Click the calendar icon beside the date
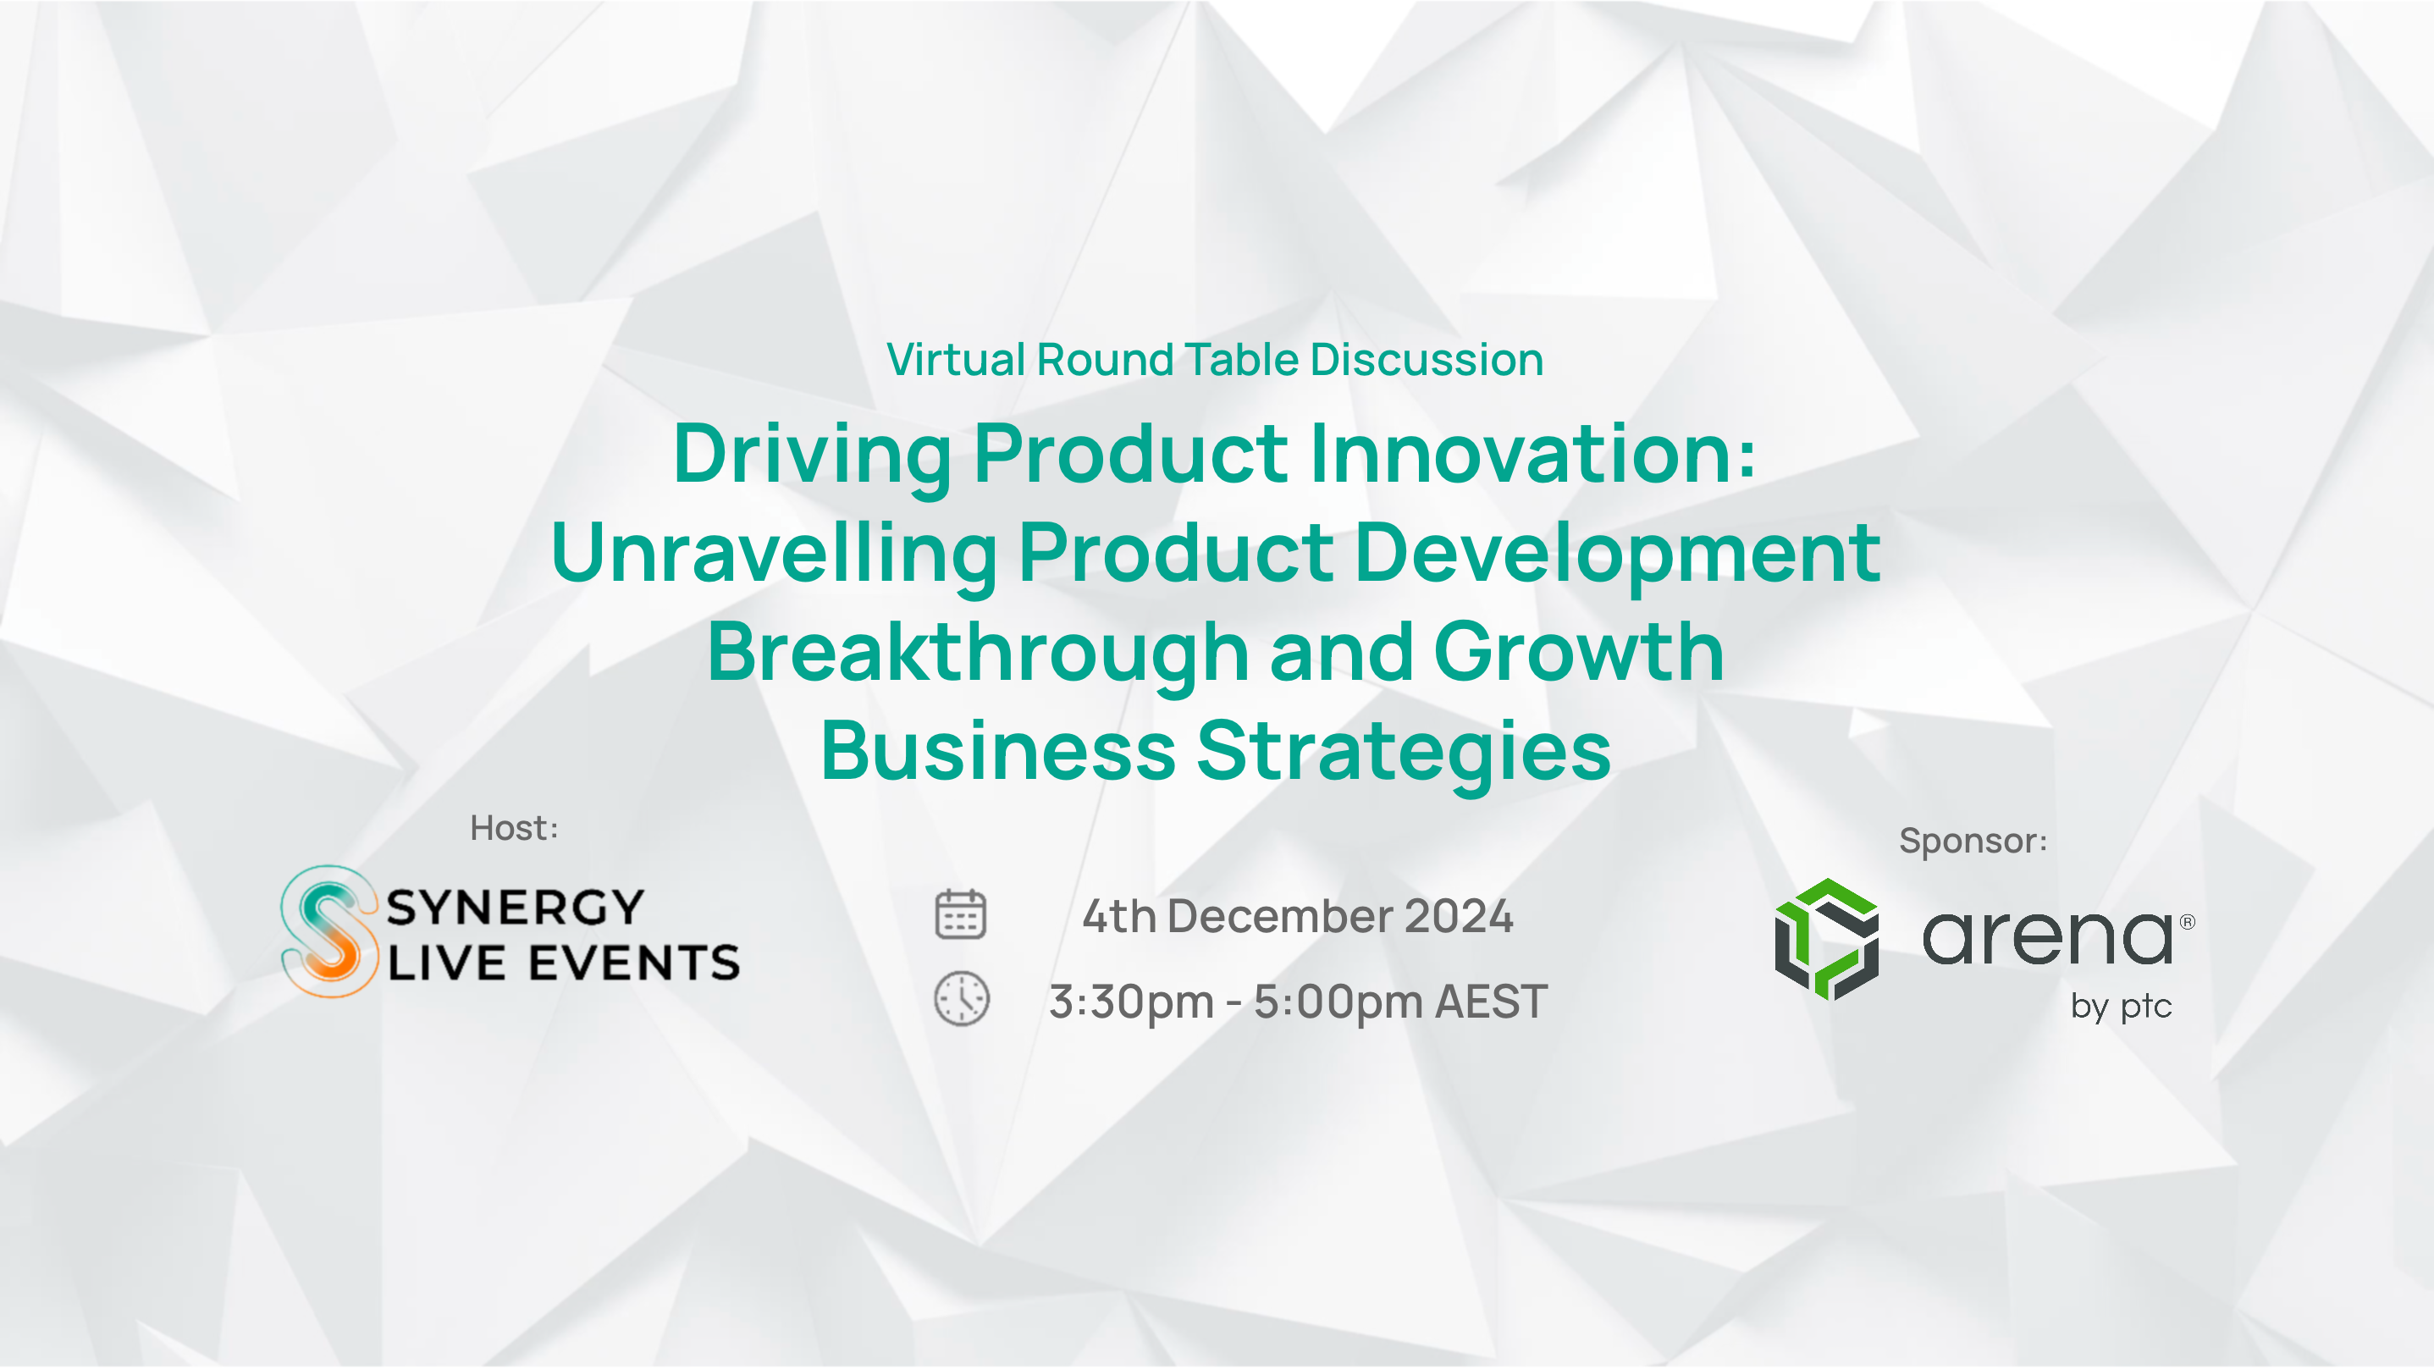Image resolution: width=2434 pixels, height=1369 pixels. coord(960,914)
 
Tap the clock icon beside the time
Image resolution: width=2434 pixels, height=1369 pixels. coord(962,999)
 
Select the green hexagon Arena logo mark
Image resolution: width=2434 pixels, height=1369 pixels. coord(1826,939)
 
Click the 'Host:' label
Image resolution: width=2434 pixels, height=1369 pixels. coord(515,829)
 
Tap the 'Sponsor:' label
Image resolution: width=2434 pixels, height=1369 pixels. coord(1973,841)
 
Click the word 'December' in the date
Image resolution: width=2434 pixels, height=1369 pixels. coord(1280,916)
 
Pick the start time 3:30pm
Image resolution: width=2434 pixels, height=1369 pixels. coord(1131,1002)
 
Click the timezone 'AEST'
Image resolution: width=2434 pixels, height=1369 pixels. coord(1491,1002)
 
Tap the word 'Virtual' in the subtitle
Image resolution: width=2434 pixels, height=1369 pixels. coord(956,360)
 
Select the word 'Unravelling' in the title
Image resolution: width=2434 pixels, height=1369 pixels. coord(774,554)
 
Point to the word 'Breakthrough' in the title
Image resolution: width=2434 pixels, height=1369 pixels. coord(978,653)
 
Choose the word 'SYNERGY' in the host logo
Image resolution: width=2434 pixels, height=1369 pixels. coord(516,907)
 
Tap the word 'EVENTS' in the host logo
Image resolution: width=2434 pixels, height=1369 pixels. coord(634,963)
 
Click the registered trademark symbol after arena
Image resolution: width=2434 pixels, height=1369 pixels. coord(2188,921)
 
